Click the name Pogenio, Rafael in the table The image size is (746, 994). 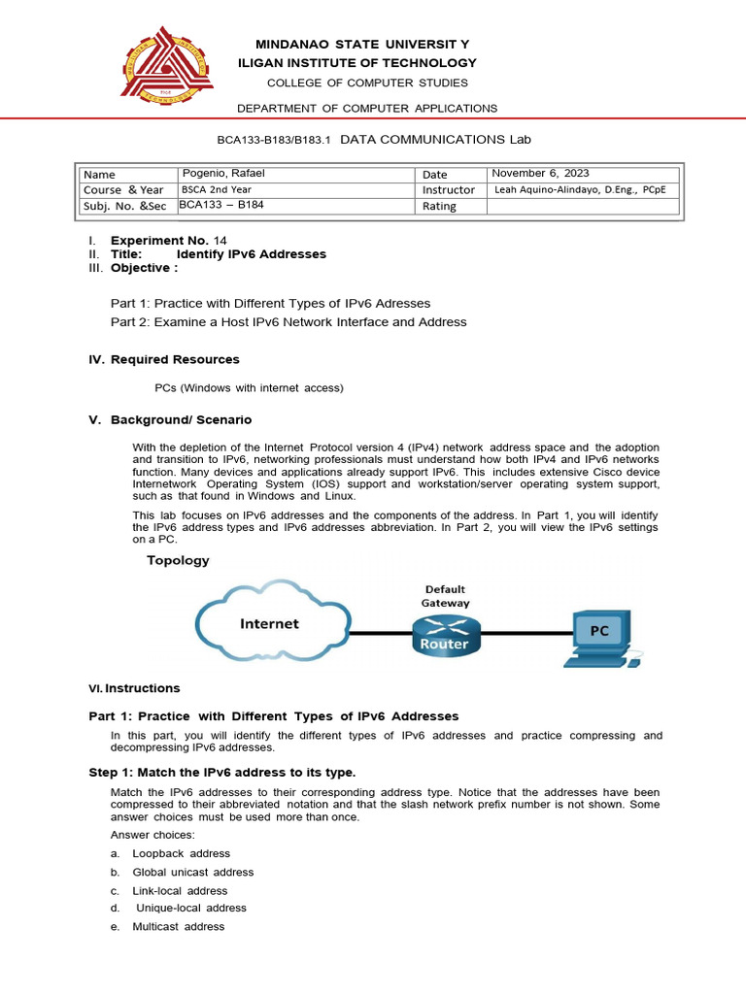tap(224, 174)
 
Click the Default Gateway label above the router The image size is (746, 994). tap(444, 596)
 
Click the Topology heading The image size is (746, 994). tap(178, 560)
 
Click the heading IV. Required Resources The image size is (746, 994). tap(163, 360)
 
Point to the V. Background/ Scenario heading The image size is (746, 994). tap(170, 420)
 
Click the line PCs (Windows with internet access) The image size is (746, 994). tap(249, 388)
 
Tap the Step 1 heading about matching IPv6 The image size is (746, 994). tap(222, 773)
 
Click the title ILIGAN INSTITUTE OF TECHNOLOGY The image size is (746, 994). tap(357, 63)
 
